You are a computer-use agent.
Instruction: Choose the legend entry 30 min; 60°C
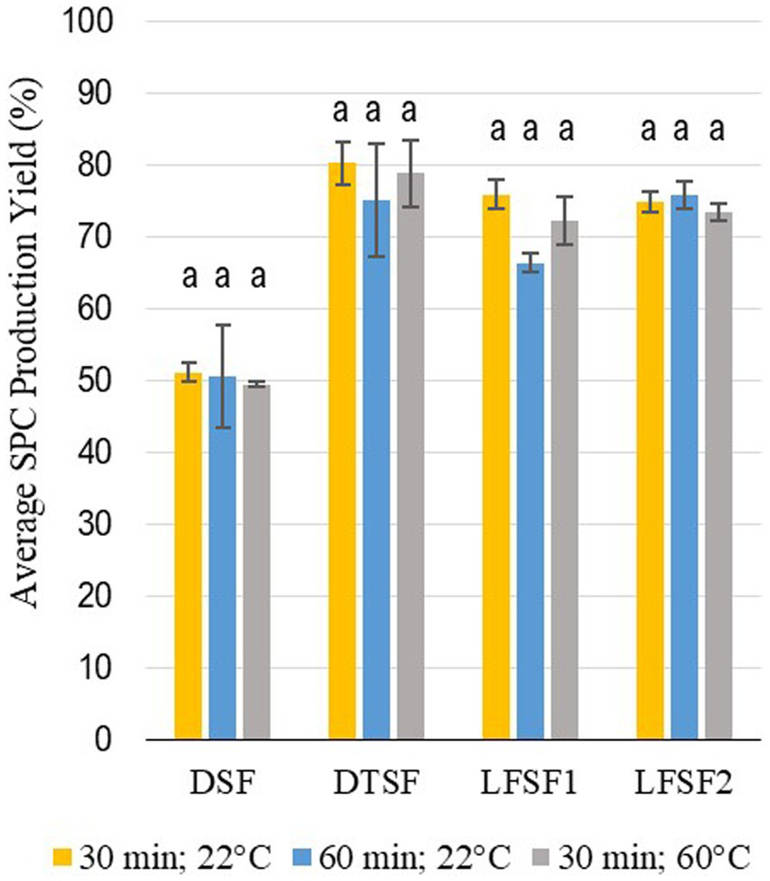pyautogui.click(x=659, y=855)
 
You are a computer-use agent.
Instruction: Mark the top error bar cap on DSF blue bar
pyautogui.click(x=223, y=324)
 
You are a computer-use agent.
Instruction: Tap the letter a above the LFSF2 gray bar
pyautogui.click(x=717, y=130)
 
